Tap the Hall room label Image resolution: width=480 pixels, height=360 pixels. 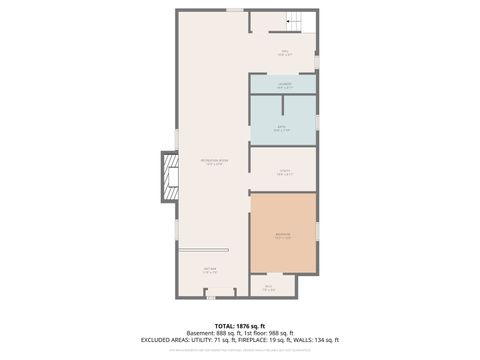pos(284,52)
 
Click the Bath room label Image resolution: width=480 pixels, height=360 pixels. pos(282,128)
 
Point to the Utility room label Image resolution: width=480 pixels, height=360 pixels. pos(283,173)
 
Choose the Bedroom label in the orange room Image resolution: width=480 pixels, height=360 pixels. pos(283,236)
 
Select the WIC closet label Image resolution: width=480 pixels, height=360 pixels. pos(268,288)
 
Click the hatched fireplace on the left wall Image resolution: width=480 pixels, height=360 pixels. pos(168,176)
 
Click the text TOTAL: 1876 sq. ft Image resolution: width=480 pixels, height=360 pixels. pos(240,326)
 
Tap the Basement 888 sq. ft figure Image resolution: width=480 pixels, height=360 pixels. pos(213,333)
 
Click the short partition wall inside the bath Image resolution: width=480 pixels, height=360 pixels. pos(284,105)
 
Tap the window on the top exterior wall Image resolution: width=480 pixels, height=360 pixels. pos(234,10)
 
